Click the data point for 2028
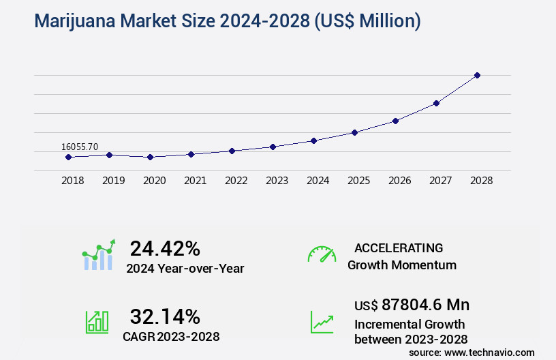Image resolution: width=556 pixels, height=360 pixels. (477, 75)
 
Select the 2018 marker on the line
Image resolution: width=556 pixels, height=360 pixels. (68, 157)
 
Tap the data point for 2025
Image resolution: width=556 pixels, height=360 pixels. (354, 132)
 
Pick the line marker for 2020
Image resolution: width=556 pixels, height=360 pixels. (150, 157)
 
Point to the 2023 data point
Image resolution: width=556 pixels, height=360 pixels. (273, 147)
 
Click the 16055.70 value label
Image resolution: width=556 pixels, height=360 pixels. (80, 147)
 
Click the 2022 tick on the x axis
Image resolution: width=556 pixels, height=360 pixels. (236, 181)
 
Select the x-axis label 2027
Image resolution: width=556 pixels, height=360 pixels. (440, 181)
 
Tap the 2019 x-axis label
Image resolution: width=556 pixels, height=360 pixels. (113, 181)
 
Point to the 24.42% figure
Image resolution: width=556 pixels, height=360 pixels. (165, 247)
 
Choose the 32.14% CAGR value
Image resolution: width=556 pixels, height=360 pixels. (165, 316)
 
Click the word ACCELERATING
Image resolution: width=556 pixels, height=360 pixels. (399, 248)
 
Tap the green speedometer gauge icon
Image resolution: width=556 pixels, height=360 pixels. (322, 254)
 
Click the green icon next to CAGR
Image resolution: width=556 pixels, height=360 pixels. (97, 322)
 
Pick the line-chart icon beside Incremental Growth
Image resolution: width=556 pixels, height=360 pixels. (322, 322)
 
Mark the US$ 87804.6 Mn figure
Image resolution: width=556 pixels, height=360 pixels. (412, 304)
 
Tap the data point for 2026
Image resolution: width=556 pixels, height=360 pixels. (395, 121)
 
